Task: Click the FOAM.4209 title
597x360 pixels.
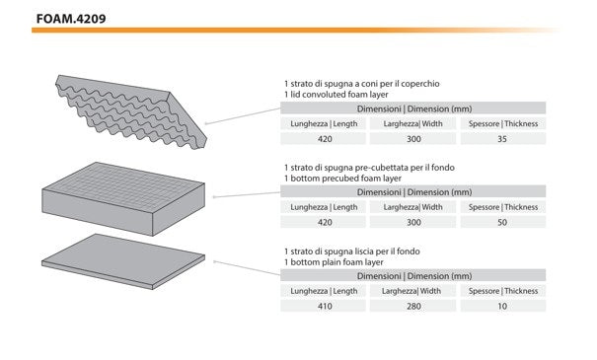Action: pyautogui.click(x=71, y=19)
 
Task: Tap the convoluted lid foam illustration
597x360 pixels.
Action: pyautogui.click(x=129, y=110)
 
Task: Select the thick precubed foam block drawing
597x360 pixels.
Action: pyautogui.click(x=123, y=198)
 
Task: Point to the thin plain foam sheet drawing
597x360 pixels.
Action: pyautogui.click(x=123, y=261)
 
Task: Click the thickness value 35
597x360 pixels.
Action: pyautogui.click(x=502, y=139)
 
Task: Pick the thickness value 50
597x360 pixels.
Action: pyautogui.click(x=502, y=222)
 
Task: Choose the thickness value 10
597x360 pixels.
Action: pyautogui.click(x=502, y=306)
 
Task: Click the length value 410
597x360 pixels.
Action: pyautogui.click(x=325, y=306)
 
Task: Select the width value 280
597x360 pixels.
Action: pyautogui.click(x=413, y=306)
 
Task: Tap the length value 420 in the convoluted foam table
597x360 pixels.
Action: pyautogui.click(x=325, y=139)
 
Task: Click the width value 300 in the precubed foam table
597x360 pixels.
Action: pyautogui.click(x=413, y=222)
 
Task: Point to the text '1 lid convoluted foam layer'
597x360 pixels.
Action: pyautogui.click(x=336, y=95)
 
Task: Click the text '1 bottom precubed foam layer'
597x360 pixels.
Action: pyautogui.click(x=342, y=179)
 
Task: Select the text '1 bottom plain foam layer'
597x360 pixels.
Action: pyautogui.click(x=334, y=262)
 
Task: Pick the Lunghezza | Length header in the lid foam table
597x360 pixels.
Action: pyautogui.click(x=324, y=123)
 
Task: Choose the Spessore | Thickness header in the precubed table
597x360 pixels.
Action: pyautogui.click(x=503, y=207)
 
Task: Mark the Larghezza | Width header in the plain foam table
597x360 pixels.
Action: pyautogui.click(x=411, y=291)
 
